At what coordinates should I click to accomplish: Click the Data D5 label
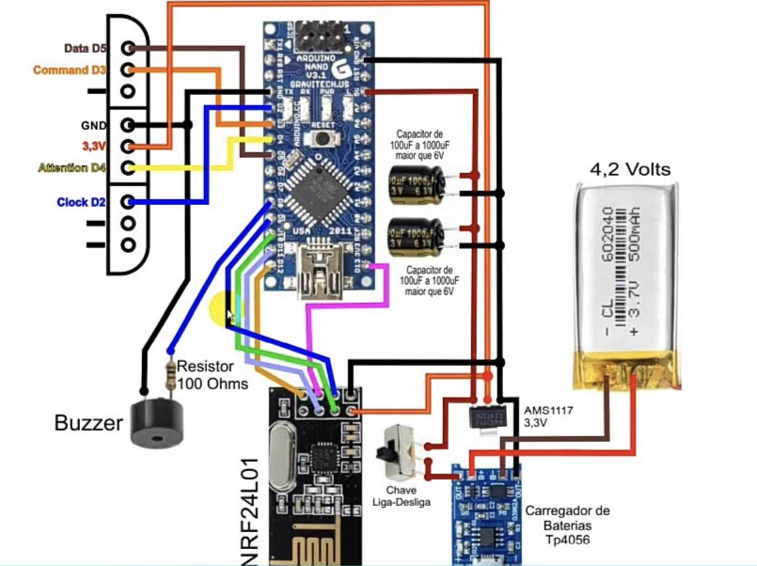[x=85, y=48]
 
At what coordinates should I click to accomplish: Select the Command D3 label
[x=71, y=71]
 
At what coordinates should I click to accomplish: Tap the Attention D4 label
[x=71, y=168]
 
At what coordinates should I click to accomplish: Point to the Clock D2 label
[x=81, y=202]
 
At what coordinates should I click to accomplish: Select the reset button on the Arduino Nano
[x=323, y=137]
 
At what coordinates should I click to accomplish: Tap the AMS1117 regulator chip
[x=488, y=415]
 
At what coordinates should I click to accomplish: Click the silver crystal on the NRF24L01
[x=284, y=456]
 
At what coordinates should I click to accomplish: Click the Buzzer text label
[x=88, y=423]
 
